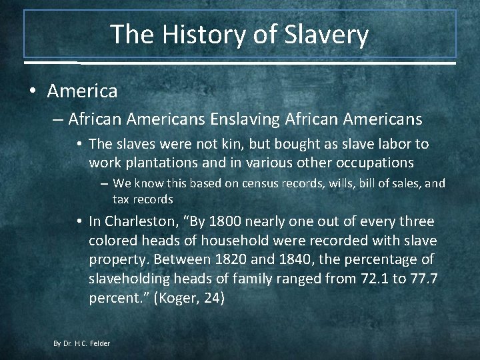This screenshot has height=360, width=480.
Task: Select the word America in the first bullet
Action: coord(82,90)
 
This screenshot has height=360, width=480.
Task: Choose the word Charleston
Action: coord(144,221)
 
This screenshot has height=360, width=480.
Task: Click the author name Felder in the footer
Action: coord(100,343)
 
